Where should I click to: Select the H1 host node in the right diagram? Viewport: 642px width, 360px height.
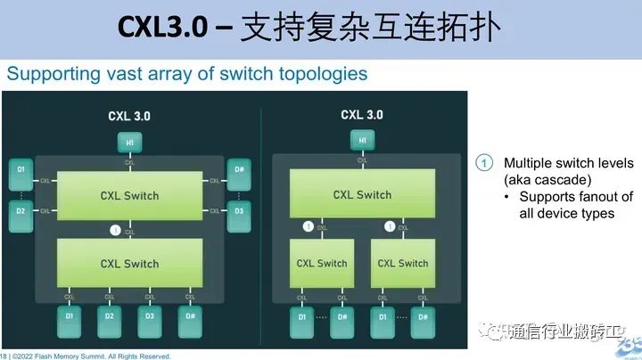pyautogui.click(x=362, y=139)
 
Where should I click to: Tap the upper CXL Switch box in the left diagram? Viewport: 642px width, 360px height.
pyautogui.click(x=129, y=196)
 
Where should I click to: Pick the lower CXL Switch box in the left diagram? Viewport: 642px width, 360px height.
pyautogui.click(x=129, y=263)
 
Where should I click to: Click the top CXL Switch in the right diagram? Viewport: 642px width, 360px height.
pyautogui.click(x=362, y=194)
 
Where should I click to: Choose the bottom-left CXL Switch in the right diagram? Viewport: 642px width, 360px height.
pyautogui.click(x=321, y=263)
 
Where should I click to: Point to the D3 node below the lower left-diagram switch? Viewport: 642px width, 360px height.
pyautogui.click(x=150, y=315)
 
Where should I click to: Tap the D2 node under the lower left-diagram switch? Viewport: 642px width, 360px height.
pyautogui.click(x=109, y=315)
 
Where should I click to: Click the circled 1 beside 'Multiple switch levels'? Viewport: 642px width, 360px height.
pyautogui.click(x=482, y=163)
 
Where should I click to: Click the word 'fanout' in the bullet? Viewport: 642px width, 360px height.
pyautogui.click(x=595, y=197)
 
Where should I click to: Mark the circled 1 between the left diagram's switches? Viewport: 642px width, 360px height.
pyautogui.click(x=114, y=230)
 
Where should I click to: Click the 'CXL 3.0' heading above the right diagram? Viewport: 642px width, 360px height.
pyautogui.click(x=362, y=115)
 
